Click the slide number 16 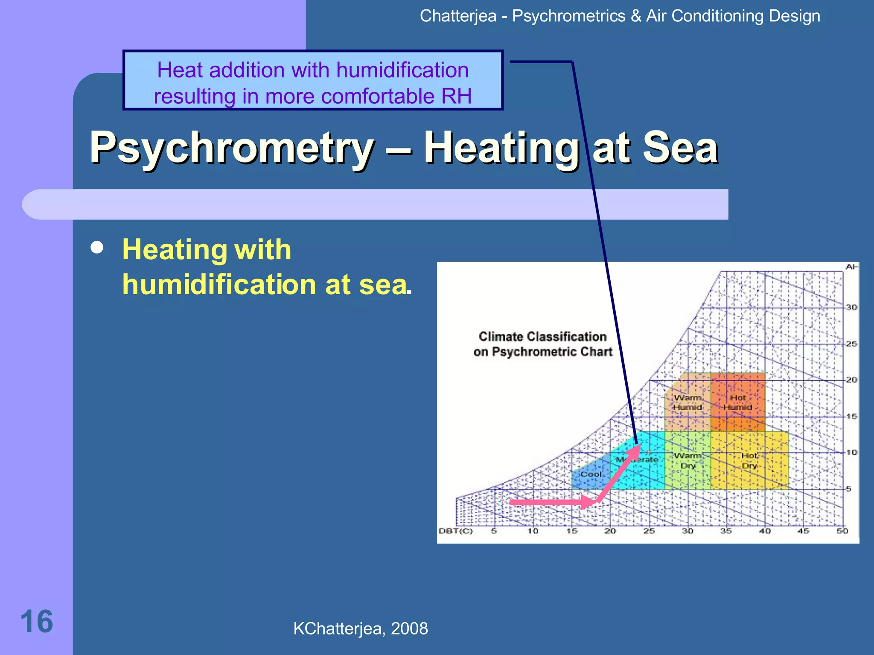(37, 622)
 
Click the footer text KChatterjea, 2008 (360, 629)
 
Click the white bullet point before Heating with (97, 248)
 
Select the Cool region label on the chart (591, 474)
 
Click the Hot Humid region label (737, 402)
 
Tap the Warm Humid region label (688, 402)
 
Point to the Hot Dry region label (749, 461)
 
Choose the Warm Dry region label (688, 461)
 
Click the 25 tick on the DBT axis (649, 531)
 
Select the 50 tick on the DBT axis (842, 531)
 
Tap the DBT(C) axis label (456, 531)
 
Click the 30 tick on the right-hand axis (851, 307)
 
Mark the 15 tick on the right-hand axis (851, 416)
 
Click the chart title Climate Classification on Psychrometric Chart (542, 344)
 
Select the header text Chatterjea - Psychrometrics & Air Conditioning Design (620, 16)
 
